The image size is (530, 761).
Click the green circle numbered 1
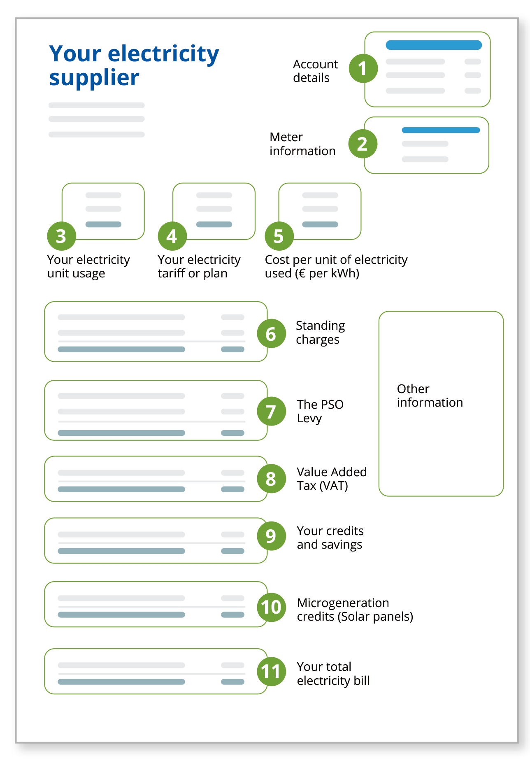click(363, 69)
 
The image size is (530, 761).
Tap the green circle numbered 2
click(363, 144)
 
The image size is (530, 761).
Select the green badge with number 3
click(61, 236)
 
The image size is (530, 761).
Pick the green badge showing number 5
click(279, 236)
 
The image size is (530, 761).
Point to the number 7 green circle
click(271, 412)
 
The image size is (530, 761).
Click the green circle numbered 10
click(271, 607)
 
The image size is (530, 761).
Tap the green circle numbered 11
click(271, 672)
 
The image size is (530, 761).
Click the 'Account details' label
click(315, 71)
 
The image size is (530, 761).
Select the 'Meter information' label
click(302, 144)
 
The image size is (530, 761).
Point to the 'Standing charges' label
click(320, 333)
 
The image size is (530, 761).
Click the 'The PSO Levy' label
click(320, 411)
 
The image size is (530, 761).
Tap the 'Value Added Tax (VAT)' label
click(331, 479)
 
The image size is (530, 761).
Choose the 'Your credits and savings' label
click(330, 538)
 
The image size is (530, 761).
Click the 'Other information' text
click(429, 396)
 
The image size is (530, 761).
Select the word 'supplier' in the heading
click(94, 78)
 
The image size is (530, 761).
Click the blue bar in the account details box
click(434, 45)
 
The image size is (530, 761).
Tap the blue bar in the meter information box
click(441, 130)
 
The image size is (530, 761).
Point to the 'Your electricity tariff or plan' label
click(199, 266)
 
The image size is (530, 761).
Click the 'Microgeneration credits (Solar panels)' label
click(355, 610)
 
